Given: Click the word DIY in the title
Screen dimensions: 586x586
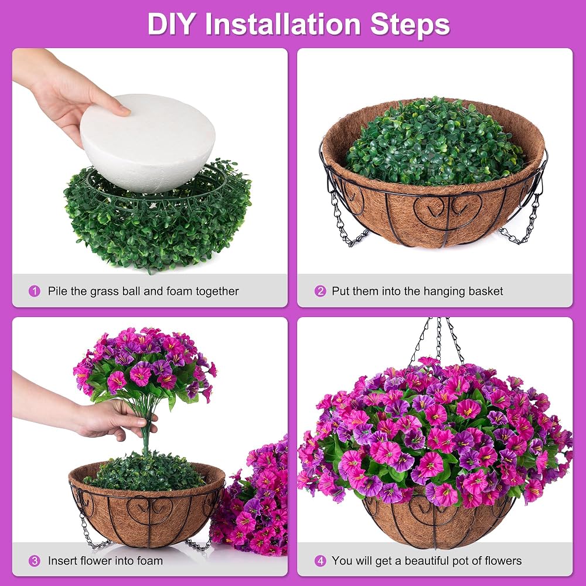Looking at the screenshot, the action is tap(171, 24).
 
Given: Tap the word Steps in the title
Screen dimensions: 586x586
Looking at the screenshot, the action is tap(410, 24).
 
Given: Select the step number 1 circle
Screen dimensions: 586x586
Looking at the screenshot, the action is tap(35, 291).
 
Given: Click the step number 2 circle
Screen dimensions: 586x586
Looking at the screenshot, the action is tap(320, 291).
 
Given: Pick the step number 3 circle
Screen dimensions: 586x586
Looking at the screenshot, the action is tap(35, 561).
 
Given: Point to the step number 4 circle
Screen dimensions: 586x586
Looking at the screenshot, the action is tap(320, 561).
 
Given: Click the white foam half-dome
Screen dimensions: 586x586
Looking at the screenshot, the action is tap(148, 144).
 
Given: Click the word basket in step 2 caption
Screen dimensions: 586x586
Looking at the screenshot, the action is tap(483, 291).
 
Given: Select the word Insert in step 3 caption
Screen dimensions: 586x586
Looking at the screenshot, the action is tap(62, 561).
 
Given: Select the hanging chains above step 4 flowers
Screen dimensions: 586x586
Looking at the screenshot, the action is tap(438, 340).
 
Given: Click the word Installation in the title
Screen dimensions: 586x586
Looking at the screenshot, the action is tap(282, 24).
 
